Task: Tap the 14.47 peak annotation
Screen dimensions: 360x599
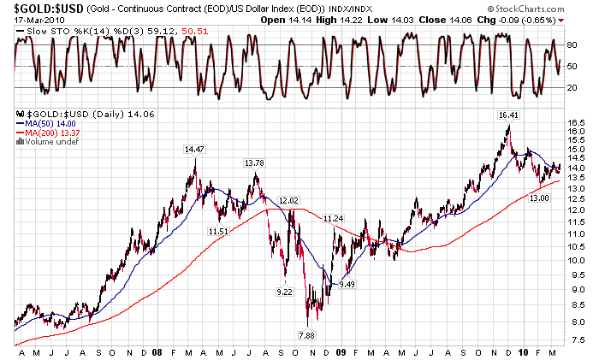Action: [194, 149]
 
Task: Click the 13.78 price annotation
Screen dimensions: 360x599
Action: [254, 162]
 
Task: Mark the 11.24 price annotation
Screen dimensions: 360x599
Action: [333, 219]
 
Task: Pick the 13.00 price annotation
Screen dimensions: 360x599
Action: [538, 198]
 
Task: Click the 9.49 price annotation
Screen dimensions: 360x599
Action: [347, 284]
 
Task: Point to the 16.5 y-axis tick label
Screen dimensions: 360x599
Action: [578, 123]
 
